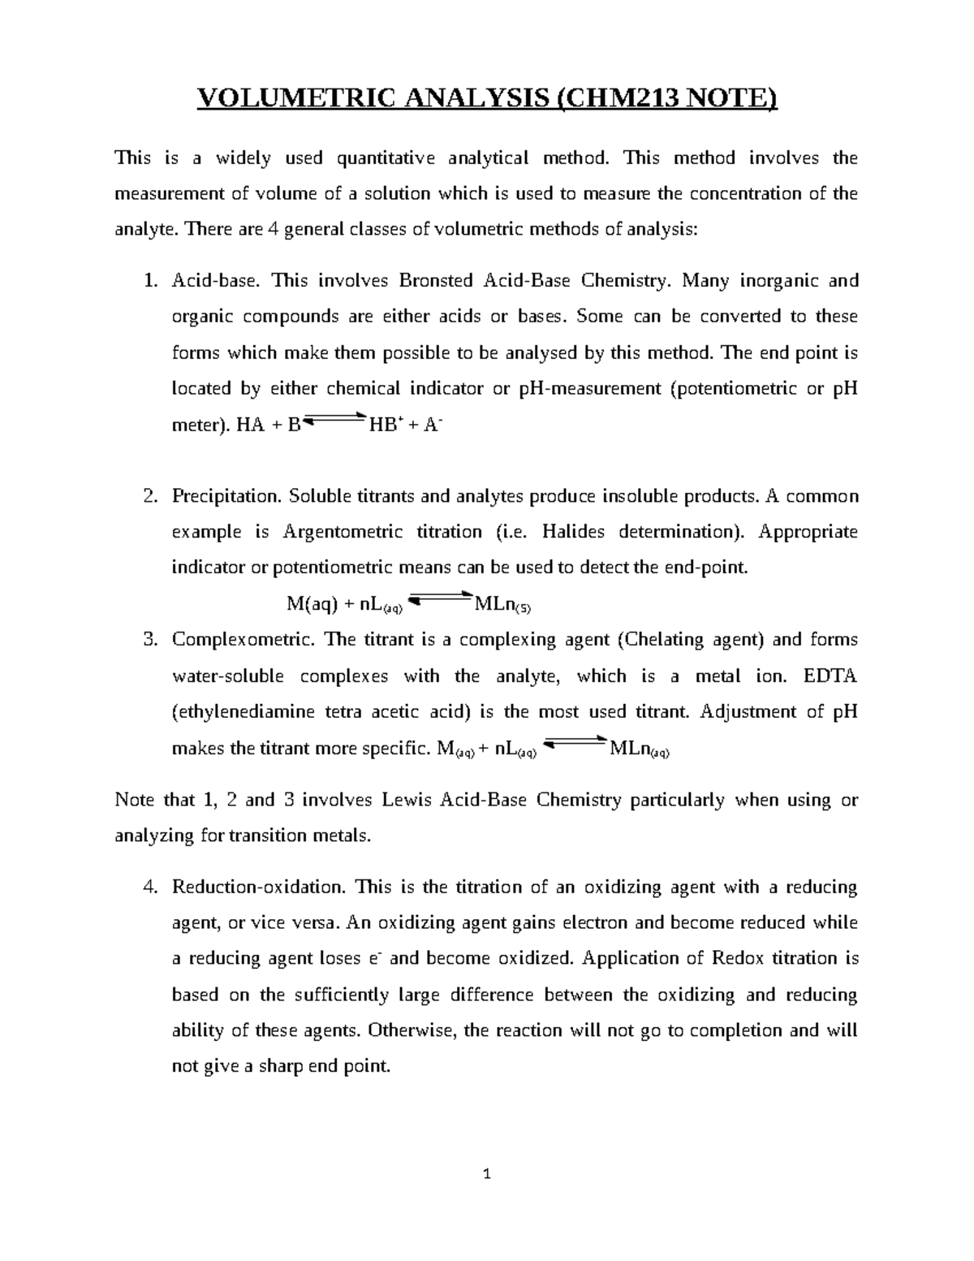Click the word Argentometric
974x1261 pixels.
343,532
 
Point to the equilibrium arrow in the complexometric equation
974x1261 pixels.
574,744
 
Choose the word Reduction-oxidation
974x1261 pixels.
259,887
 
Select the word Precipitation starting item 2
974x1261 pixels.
226,496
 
